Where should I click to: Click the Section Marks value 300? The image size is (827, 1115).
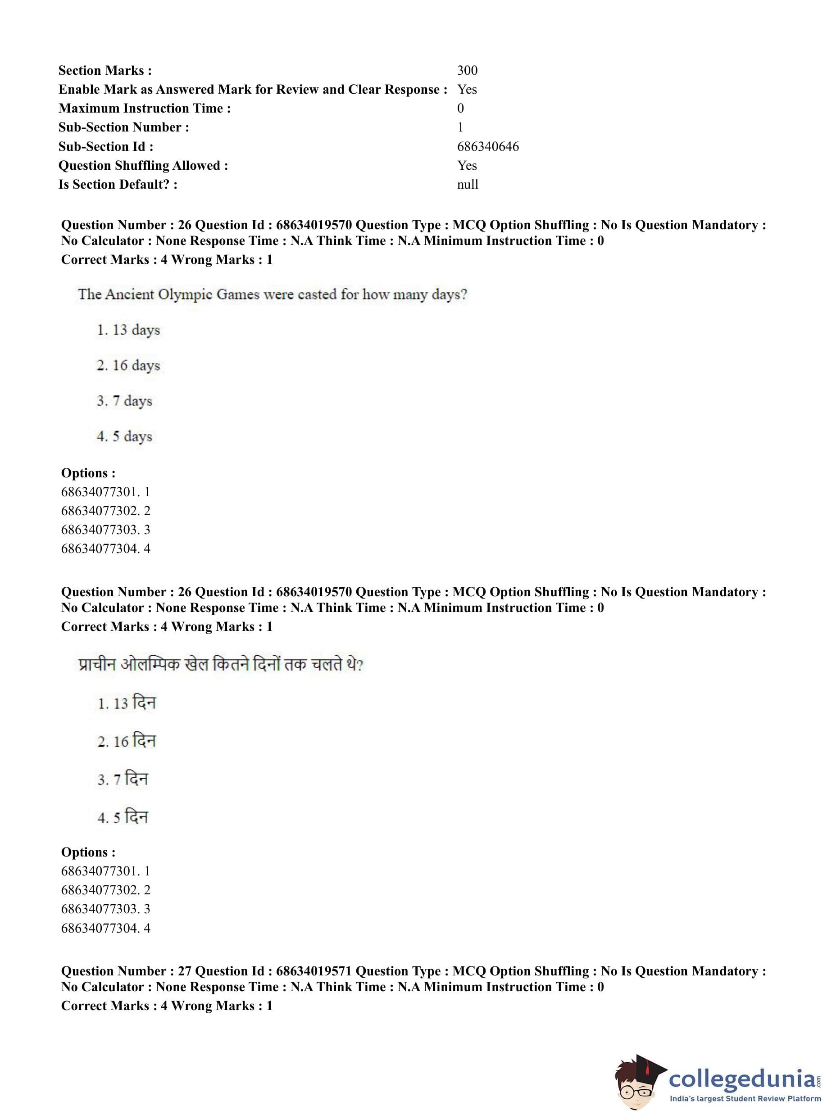click(467, 70)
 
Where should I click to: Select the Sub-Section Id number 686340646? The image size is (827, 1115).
click(487, 146)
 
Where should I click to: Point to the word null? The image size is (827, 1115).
click(467, 184)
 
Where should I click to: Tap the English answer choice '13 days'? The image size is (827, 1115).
click(129, 330)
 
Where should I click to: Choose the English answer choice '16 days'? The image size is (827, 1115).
click(129, 366)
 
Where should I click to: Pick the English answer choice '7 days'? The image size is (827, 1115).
click(125, 401)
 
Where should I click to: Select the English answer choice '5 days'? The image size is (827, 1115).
click(125, 437)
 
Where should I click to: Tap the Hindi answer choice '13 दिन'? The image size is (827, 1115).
click(127, 703)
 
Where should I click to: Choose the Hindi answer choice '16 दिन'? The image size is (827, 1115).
click(127, 741)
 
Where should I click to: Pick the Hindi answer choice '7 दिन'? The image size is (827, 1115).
click(123, 779)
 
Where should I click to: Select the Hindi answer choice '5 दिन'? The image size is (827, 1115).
click(123, 817)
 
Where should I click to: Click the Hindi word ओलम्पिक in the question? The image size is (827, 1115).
click(150, 665)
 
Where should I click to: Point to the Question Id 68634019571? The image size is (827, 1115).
click(314, 971)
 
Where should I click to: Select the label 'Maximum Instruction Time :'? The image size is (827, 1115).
click(145, 108)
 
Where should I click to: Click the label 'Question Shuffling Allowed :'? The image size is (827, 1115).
click(143, 165)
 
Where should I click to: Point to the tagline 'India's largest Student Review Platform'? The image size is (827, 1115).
click(745, 1099)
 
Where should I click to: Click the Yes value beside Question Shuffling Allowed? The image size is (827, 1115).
click(467, 165)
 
